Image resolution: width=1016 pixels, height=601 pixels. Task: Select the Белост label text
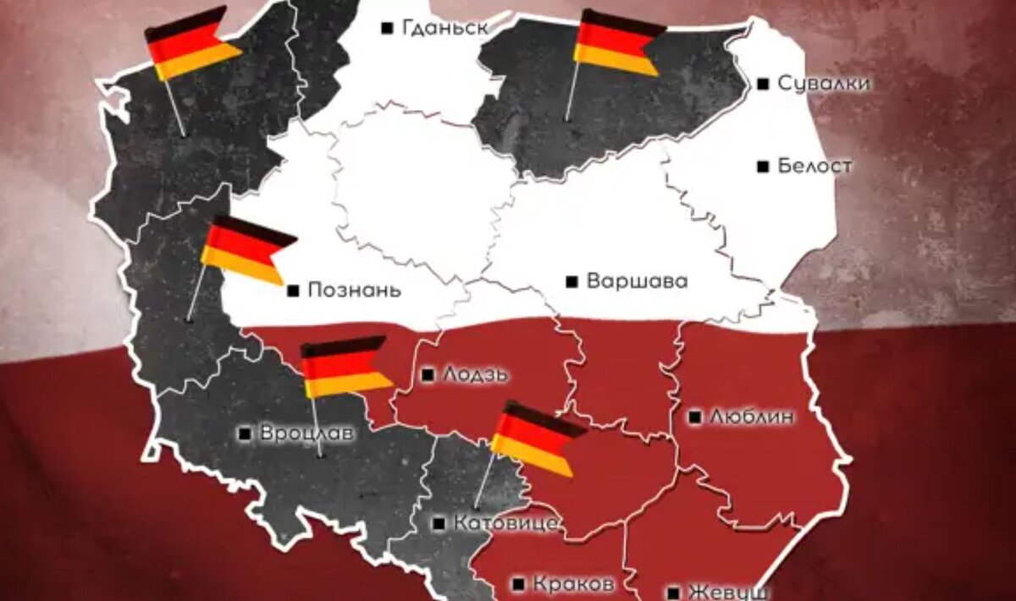[x=814, y=166]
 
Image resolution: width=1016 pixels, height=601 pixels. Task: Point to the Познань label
[x=353, y=290]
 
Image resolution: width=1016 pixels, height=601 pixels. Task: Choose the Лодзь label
[x=476, y=374]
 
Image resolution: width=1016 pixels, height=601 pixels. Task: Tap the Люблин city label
[x=753, y=416]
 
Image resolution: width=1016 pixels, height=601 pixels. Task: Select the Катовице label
[x=505, y=523]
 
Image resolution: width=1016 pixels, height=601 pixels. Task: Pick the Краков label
[x=572, y=584]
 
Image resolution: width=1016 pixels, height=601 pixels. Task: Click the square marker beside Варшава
[x=571, y=281]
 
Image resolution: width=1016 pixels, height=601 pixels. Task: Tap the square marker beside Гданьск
[x=388, y=28]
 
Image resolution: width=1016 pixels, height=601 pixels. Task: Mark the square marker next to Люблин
[x=694, y=416]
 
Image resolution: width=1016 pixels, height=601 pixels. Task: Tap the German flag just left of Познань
[x=246, y=250]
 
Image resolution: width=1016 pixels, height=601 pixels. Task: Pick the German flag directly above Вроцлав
[x=345, y=367]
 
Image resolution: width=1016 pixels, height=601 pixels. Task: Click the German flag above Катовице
[x=535, y=437]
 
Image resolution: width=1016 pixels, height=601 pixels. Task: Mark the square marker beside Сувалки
[x=763, y=83]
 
